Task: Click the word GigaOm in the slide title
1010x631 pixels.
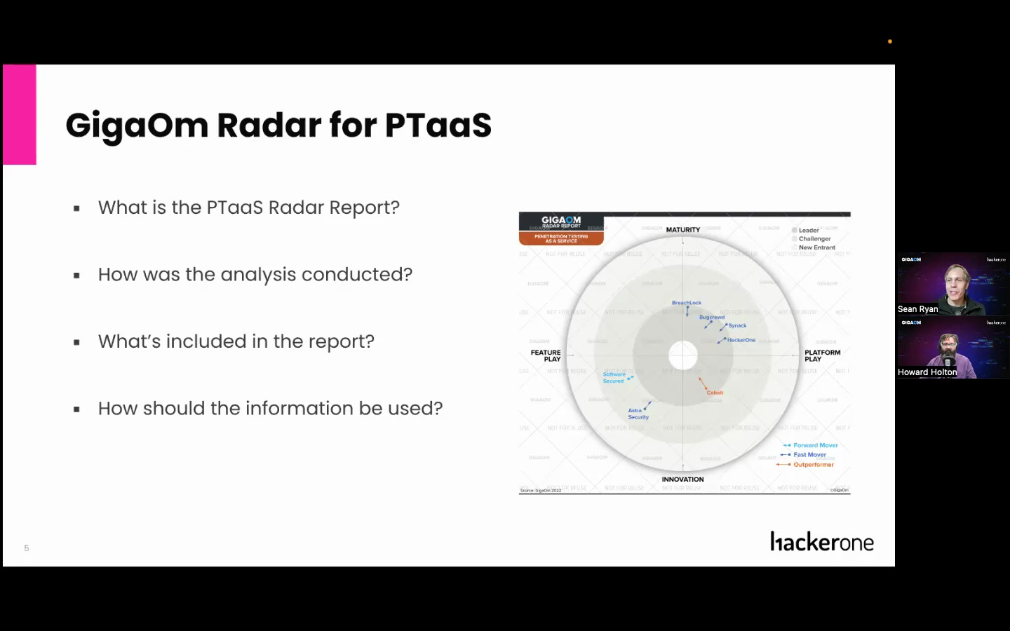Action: (x=137, y=125)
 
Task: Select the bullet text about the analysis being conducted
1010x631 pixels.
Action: (x=255, y=274)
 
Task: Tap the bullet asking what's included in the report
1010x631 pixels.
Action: (x=236, y=341)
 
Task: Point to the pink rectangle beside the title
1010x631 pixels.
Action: (x=20, y=114)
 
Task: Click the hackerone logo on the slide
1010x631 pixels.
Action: (x=821, y=542)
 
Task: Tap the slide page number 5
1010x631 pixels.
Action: (x=27, y=548)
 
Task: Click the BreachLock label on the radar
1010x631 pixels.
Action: (x=686, y=303)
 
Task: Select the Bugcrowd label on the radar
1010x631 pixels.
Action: (x=711, y=317)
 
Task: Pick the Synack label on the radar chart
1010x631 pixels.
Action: (x=737, y=325)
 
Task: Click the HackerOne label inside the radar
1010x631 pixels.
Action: (x=741, y=340)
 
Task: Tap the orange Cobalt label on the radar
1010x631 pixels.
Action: (x=715, y=393)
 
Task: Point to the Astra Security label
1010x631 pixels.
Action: (x=638, y=414)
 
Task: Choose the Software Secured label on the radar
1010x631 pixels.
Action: (x=614, y=377)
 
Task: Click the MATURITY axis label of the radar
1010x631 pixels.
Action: (x=682, y=230)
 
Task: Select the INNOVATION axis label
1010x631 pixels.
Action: (x=682, y=480)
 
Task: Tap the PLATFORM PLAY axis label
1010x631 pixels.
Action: (x=822, y=355)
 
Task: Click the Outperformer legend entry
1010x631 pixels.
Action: (x=813, y=464)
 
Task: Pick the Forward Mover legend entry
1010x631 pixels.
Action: (x=815, y=445)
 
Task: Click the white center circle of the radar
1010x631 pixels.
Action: (x=682, y=355)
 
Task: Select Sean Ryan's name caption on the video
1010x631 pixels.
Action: (x=917, y=309)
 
